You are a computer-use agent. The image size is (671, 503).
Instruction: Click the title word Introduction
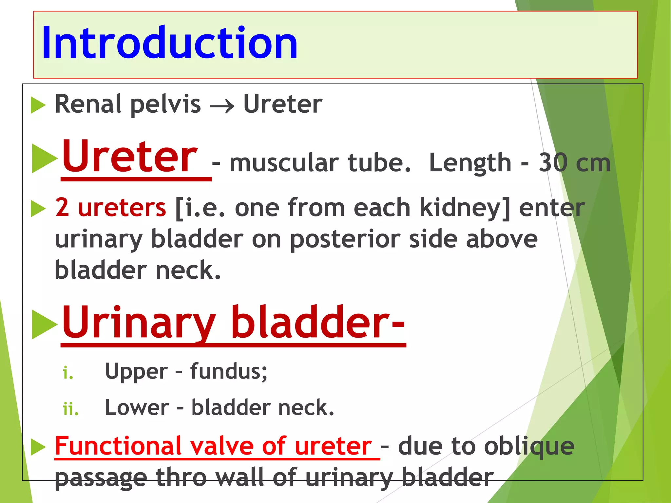point(169,43)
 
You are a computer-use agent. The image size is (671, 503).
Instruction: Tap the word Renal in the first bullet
point(88,104)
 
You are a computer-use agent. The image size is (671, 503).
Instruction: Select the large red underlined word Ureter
point(130,156)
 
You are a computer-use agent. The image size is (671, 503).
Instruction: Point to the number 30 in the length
point(553,163)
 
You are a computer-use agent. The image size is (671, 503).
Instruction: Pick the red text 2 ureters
point(110,208)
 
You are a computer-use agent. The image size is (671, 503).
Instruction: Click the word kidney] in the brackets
point(465,208)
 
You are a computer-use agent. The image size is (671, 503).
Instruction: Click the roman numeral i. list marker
point(68,373)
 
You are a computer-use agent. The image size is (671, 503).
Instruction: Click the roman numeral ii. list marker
point(71,409)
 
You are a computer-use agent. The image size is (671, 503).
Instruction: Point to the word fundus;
point(229,371)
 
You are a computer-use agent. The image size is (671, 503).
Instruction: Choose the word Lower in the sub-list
point(137,408)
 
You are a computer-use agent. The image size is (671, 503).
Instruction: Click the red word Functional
point(118,446)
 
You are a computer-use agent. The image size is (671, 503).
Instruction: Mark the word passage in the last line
point(101,478)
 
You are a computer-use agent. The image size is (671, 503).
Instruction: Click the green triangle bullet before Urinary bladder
point(44,324)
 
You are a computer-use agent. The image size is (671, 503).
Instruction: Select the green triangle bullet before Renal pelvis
point(38,105)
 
